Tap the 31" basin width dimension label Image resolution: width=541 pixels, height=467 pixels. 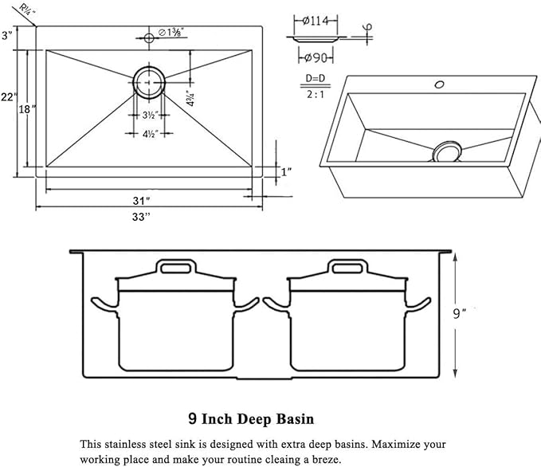pos(143,199)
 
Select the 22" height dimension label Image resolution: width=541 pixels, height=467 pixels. pos(8,96)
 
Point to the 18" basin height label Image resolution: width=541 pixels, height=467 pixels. pos(29,109)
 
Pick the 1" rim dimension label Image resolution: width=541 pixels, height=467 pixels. pos(286,171)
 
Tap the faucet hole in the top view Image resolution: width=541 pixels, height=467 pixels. pos(148,37)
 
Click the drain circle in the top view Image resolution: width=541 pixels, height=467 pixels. pos(149,81)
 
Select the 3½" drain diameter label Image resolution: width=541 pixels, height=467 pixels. pos(148,115)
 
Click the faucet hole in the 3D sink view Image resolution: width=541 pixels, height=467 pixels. pos(437,84)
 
